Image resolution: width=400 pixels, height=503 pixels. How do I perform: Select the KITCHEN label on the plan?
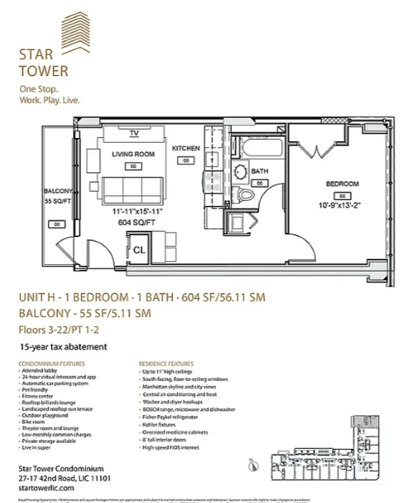[x=186, y=149]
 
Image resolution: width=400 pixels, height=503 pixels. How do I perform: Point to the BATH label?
[x=259, y=172]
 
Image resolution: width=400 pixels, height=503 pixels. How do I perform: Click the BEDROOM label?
[x=342, y=184]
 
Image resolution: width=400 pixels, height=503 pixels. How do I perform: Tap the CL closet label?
[x=140, y=250]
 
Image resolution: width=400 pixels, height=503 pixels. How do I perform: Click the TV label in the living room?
[x=134, y=133]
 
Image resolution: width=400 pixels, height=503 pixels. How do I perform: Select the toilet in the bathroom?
[x=246, y=195]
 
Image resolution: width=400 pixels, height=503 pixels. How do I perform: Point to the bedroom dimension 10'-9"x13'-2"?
[x=342, y=205]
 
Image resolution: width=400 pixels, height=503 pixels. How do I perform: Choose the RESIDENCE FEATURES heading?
[x=166, y=364]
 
